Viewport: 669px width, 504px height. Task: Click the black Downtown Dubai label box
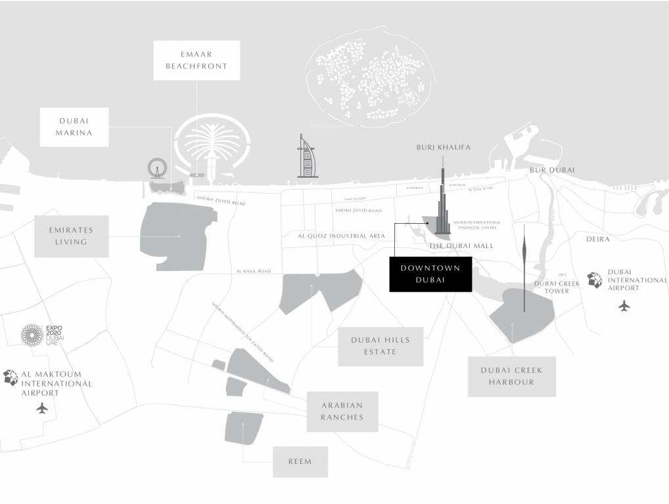pos(430,274)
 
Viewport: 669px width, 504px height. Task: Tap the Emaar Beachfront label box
pos(196,60)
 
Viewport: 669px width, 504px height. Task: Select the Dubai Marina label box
pos(74,127)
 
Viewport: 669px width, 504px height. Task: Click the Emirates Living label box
pos(71,236)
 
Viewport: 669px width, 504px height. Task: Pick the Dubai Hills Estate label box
pos(381,346)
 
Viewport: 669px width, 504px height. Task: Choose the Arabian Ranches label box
pos(342,411)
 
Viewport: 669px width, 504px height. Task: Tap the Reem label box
pos(300,461)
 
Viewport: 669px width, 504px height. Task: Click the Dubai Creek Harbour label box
pos(511,376)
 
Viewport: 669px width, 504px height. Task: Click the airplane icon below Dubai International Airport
pos(624,305)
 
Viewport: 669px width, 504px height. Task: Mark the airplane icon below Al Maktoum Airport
pos(43,408)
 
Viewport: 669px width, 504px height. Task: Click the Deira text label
pos(598,240)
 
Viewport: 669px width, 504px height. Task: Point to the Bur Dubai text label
pos(552,170)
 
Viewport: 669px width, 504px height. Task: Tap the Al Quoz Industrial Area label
pos(341,236)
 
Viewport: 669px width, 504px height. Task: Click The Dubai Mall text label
pos(461,245)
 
